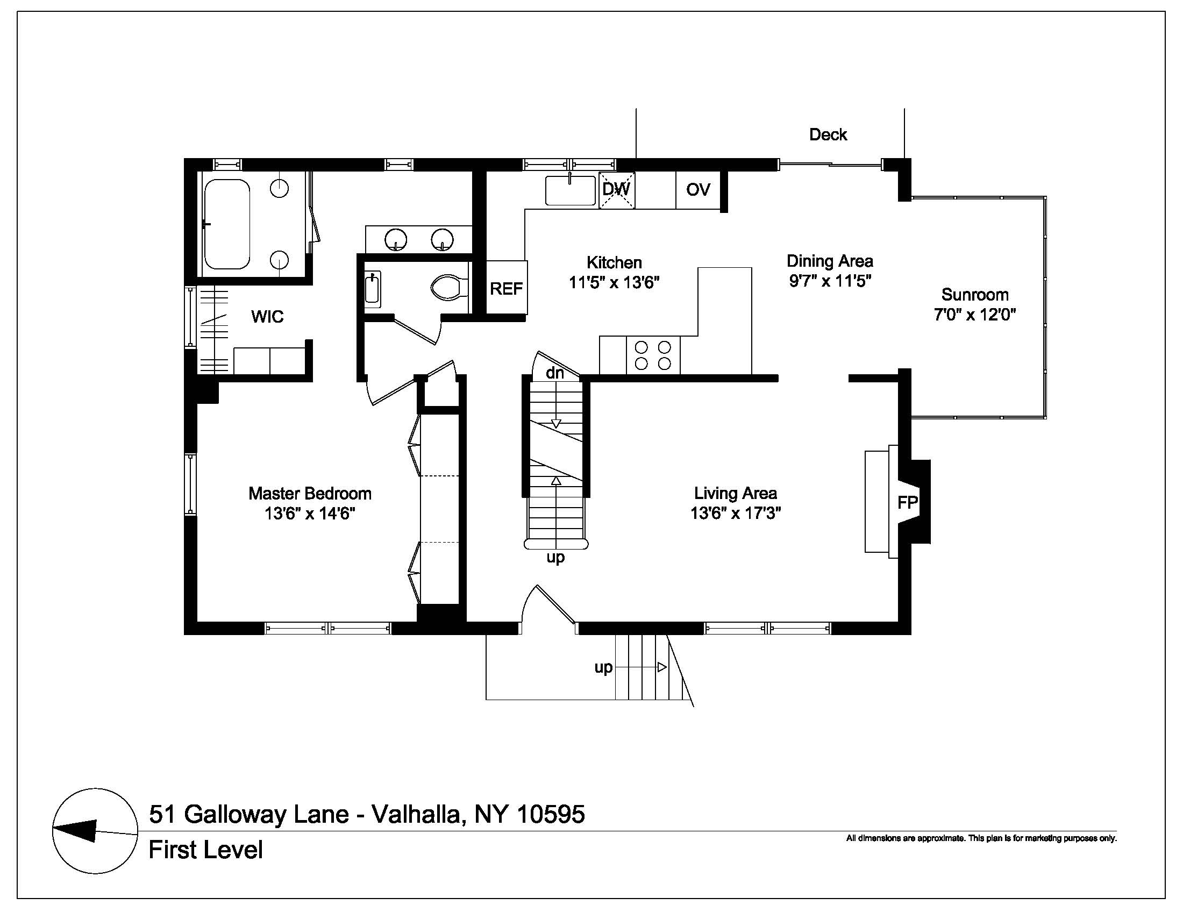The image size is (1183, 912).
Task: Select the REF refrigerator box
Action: pyautogui.click(x=507, y=288)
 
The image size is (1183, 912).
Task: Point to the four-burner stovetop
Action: pyautogui.click(x=653, y=355)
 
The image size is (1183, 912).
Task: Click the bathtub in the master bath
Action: pyautogui.click(x=227, y=224)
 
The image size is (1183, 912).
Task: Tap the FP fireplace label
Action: pyautogui.click(x=908, y=503)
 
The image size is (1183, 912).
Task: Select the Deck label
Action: pyautogui.click(x=828, y=134)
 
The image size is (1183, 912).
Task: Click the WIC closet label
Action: pyautogui.click(x=267, y=316)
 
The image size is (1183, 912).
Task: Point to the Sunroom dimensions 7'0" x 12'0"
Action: pyautogui.click(x=974, y=315)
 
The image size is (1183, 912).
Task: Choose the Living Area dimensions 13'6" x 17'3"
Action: pyautogui.click(x=736, y=513)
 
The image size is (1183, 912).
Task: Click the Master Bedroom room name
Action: pyautogui.click(x=310, y=493)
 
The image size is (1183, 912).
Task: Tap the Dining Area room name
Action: pyautogui.click(x=830, y=261)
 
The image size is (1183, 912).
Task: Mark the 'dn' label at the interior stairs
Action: pyautogui.click(x=555, y=373)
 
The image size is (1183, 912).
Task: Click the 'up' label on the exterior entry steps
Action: pyautogui.click(x=603, y=668)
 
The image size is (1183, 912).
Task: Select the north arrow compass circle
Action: pyautogui.click(x=95, y=831)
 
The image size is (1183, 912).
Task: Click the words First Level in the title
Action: pyautogui.click(x=206, y=850)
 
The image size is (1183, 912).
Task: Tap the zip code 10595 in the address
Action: pyautogui.click(x=551, y=814)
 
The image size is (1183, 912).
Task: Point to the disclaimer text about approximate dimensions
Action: pyautogui.click(x=981, y=838)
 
